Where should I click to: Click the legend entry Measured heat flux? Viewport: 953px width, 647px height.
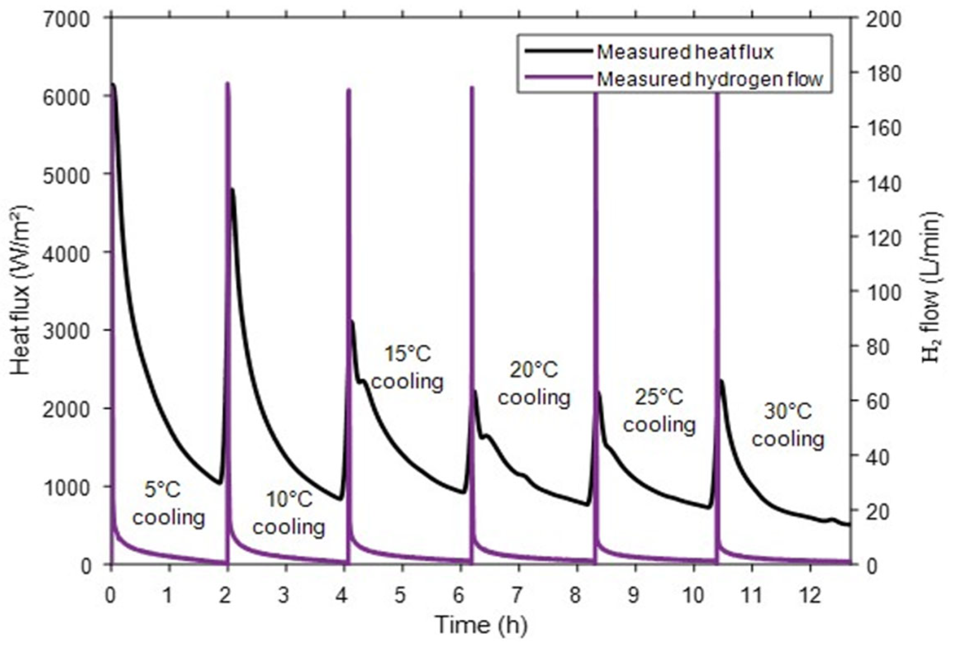coord(684,52)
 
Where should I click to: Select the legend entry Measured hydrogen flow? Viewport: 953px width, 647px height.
coord(709,78)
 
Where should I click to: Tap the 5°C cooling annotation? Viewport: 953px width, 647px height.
coord(168,504)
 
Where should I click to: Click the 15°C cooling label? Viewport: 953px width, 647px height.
coord(407,367)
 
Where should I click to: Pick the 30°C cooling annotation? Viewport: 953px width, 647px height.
coord(787,425)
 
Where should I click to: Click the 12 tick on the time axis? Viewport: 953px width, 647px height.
coord(810,596)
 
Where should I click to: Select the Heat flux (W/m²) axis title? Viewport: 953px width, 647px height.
coord(21,291)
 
